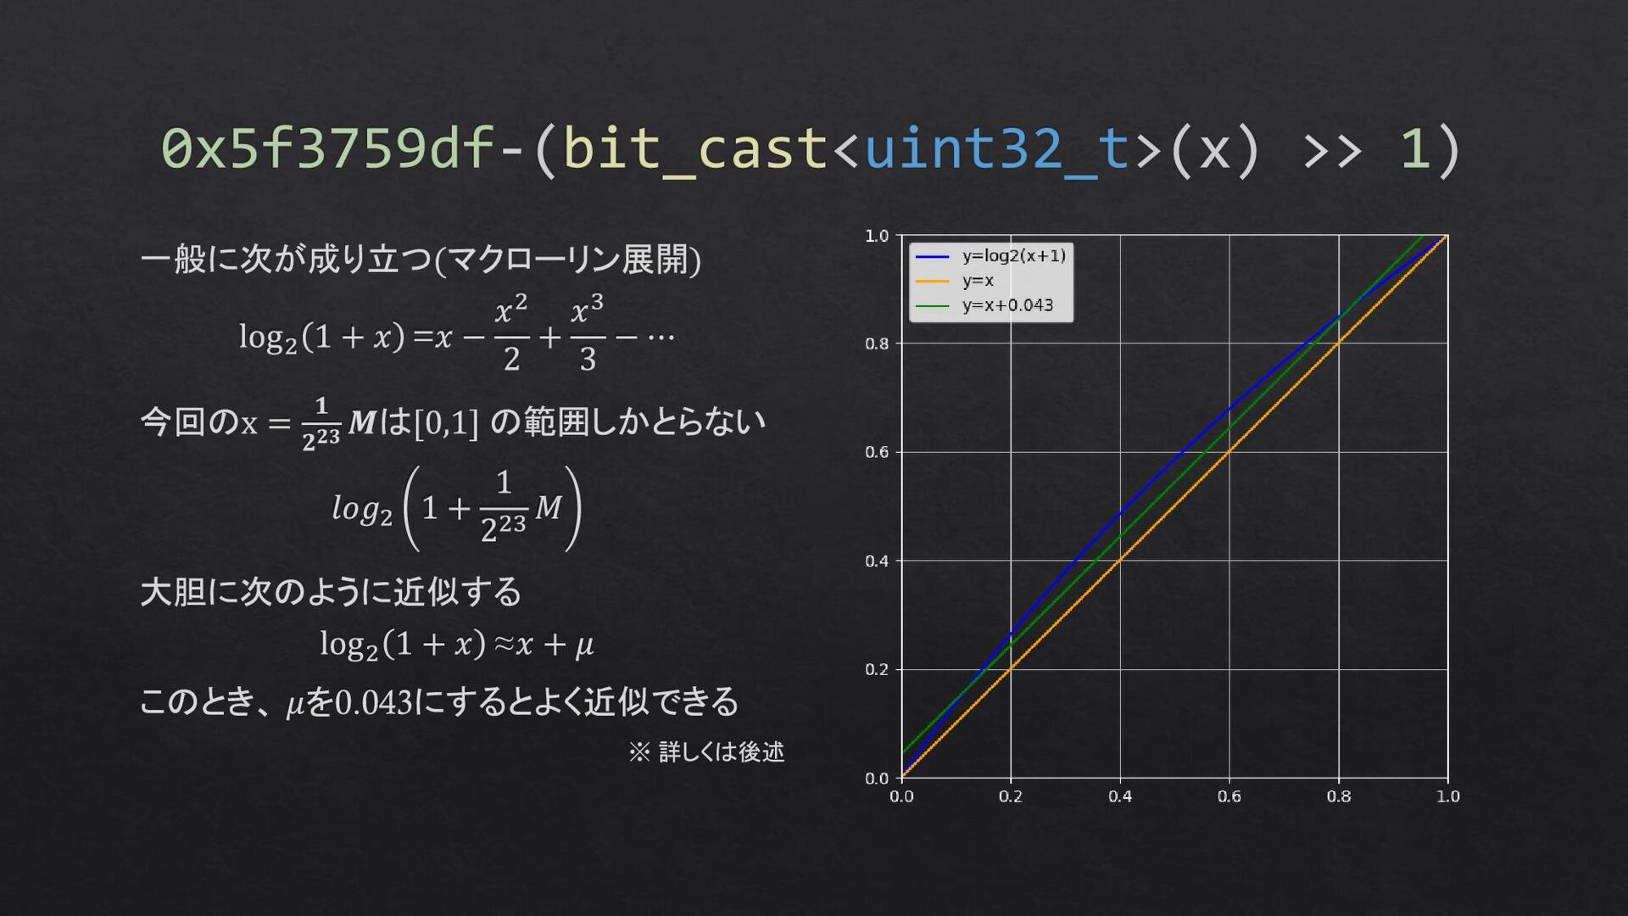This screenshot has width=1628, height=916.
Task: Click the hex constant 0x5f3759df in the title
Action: click(328, 148)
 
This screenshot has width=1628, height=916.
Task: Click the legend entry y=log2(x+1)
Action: click(1013, 255)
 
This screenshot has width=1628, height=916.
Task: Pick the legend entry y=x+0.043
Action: click(1007, 305)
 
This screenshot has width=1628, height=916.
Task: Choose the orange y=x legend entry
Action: click(978, 281)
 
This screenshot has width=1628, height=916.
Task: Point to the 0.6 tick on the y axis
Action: click(876, 452)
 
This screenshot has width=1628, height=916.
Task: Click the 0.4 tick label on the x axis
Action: click(1119, 796)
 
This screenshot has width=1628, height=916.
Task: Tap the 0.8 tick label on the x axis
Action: click(1338, 796)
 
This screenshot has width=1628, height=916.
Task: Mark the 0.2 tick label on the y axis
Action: click(876, 669)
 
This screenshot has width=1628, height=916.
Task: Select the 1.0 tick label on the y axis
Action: click(876, 236)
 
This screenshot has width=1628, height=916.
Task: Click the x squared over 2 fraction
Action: click(511, 332)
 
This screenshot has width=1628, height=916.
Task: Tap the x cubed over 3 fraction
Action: click(587, 332)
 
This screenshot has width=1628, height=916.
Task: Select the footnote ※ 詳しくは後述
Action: click(706, 751)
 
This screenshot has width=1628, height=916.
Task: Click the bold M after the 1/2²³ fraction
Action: click(362, 422)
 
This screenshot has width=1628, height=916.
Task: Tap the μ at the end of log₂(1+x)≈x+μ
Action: click(584, 646)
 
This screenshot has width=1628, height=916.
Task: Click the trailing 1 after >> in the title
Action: click(1413, 148)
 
